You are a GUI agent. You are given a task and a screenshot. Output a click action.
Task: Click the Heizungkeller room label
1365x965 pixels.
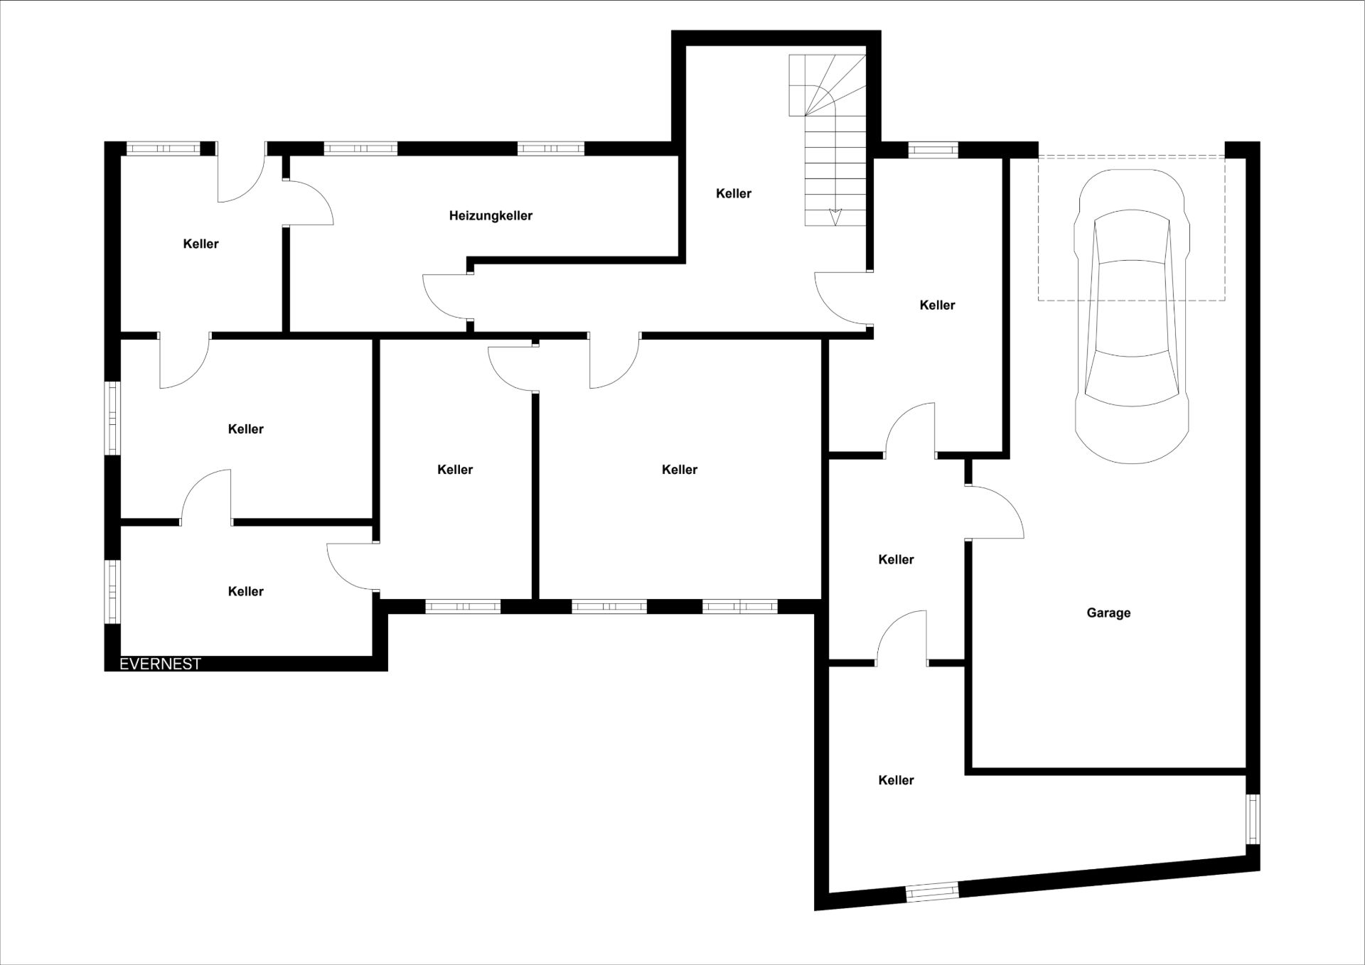click(491, 216)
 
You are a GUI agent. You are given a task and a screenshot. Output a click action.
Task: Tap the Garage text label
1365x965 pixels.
click(1108, 613)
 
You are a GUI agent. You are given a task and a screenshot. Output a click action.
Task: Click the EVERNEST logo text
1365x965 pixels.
click(160, 664)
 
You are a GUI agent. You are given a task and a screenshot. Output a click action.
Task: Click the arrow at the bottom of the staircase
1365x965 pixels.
click(836, 217)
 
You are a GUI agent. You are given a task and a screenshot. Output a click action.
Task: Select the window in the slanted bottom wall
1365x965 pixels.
click(932, 892)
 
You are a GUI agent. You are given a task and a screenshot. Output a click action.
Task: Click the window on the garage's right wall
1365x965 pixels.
click(1253, 819)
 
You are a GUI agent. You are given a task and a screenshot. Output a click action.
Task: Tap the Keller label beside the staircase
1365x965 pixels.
click(734, 193)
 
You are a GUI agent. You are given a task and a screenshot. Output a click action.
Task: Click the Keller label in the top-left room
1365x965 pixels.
click(200, 244)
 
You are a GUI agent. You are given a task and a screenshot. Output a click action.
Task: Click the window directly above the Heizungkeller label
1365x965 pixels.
click(360, 149)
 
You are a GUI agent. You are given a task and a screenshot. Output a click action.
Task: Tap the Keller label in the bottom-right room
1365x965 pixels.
click(896, 780)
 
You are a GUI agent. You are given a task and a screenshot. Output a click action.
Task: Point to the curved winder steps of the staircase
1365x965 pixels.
click(828, 85)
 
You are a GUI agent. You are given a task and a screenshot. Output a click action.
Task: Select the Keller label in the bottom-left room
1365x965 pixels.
click(245, 591)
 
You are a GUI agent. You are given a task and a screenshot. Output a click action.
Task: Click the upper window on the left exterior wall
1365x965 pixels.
click(112, 418)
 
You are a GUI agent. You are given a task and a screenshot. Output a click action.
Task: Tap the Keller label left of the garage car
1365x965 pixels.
click(937, 306)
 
